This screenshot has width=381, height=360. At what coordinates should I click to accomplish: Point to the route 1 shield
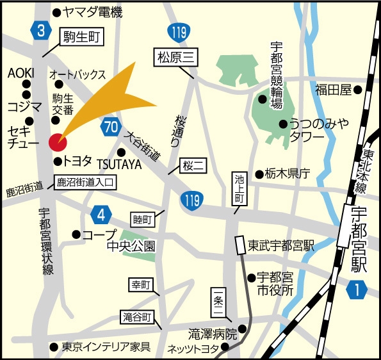pos(356,290)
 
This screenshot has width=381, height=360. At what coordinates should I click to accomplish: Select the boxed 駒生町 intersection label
pos(82,38)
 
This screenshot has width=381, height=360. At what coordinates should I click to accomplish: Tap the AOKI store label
pos(20,72)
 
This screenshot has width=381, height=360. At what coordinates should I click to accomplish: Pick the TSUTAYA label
pos(119,165)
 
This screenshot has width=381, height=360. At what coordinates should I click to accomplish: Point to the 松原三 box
pos(175,57)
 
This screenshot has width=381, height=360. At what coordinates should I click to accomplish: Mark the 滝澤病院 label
pos(213,334)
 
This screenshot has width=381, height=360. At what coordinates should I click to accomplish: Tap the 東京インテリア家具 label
pos(106,348)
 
